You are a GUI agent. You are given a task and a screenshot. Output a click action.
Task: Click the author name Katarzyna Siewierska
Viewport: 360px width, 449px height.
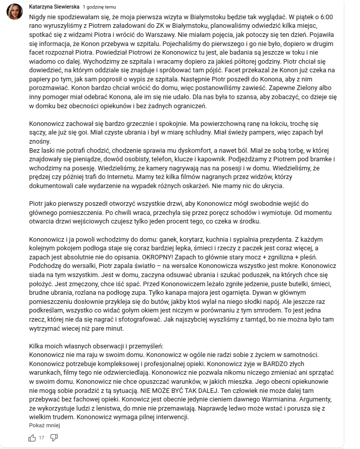tap(54, 7)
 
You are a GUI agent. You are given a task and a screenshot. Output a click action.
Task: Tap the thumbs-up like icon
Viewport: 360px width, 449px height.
tap(32, 437)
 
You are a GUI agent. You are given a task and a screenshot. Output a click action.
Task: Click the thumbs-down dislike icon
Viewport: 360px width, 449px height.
tap(54, 437)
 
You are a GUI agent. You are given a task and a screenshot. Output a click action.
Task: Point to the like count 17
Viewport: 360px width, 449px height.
tap(41, 437)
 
